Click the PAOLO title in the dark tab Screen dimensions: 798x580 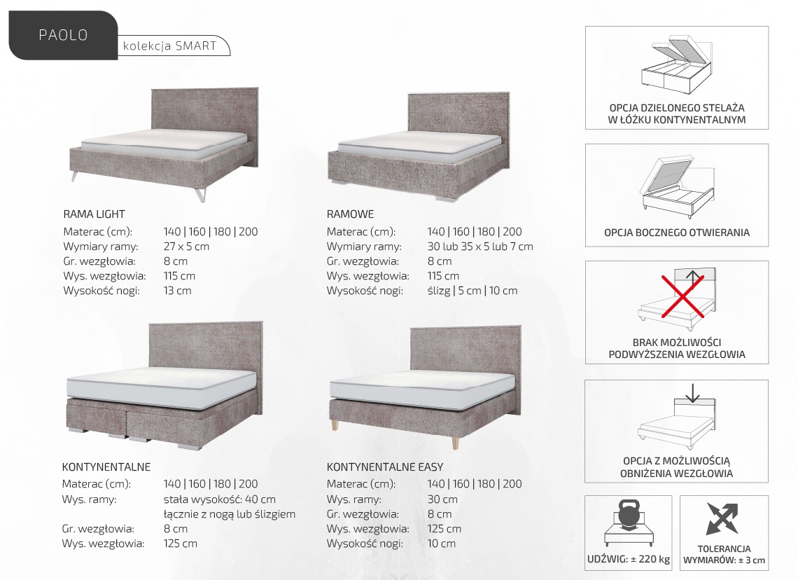tap(63, 35)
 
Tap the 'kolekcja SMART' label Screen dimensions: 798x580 tap(169, 46)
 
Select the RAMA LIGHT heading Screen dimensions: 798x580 tap(94, 214)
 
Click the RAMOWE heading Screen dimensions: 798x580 tap(350, 214)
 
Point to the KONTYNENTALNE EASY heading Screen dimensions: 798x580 tap(385, 467)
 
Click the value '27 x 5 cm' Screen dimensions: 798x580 tap(186, 247)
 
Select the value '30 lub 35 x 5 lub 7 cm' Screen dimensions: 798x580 tap(480, 247)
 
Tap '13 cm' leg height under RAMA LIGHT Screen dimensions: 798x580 tap(177, 291)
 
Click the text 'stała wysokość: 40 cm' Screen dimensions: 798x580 tap(219, 499)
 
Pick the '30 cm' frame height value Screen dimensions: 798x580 tap(442, 499)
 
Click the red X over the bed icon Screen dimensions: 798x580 tap(682, 296)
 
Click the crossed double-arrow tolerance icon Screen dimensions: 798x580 tap(722, 518)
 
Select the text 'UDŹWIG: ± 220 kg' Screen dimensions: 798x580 tap(628, 559)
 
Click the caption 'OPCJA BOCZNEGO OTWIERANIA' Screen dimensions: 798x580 tap(677, 233)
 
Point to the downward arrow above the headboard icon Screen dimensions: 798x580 tap(693, 392)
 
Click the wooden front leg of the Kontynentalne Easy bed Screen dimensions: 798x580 tap(455, 441)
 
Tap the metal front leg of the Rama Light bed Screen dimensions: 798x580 tap(201, 195)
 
